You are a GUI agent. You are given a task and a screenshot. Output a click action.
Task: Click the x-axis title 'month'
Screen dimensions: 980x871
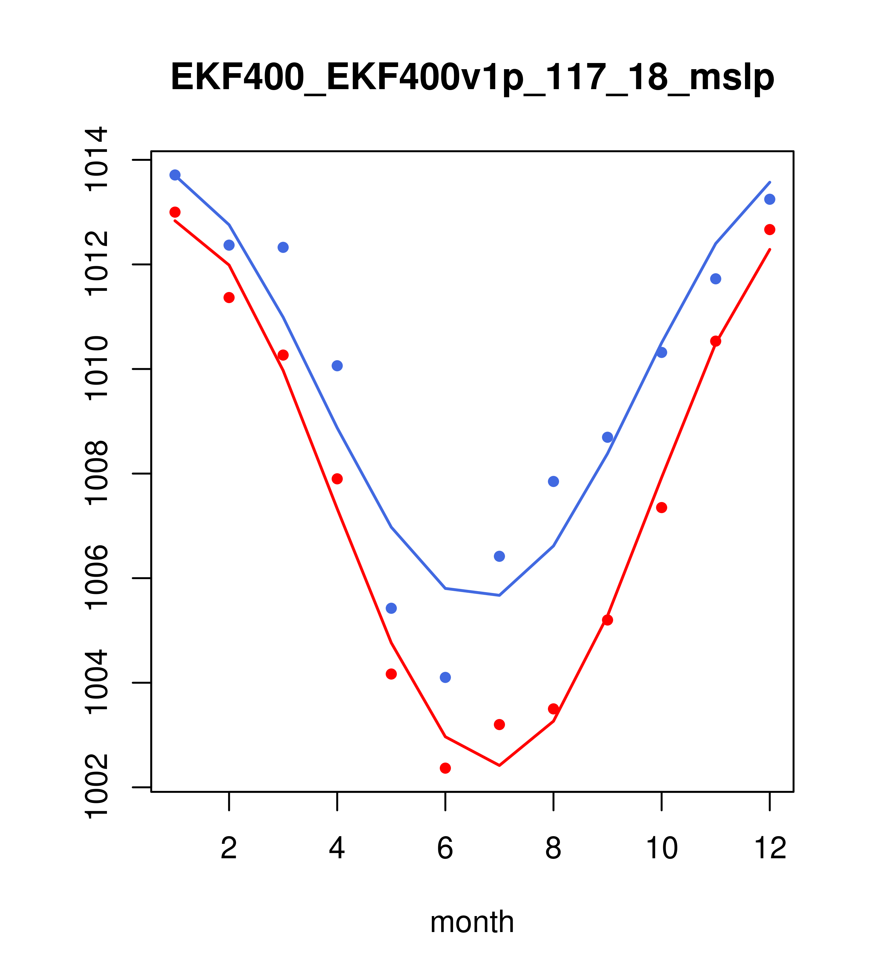472,922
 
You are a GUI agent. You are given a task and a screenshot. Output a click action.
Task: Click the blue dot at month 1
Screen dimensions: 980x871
175,175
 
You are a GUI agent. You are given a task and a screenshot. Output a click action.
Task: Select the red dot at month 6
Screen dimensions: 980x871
445,768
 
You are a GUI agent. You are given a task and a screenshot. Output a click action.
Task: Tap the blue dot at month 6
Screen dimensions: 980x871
445,678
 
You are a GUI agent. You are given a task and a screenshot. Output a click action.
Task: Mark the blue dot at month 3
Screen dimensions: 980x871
283,247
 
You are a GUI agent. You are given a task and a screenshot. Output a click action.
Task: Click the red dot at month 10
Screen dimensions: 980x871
661,508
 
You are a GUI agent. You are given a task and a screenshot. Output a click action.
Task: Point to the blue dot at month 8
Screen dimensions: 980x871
553,481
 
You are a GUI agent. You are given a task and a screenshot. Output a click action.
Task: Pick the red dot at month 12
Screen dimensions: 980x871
770,230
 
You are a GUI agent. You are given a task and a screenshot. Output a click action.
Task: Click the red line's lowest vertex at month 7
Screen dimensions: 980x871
499,765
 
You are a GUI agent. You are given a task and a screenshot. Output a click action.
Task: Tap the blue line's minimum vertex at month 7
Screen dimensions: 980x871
499,595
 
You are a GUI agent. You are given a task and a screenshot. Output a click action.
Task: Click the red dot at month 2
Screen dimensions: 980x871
229,298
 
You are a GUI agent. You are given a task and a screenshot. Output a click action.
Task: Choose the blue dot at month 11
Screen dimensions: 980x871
716,279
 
